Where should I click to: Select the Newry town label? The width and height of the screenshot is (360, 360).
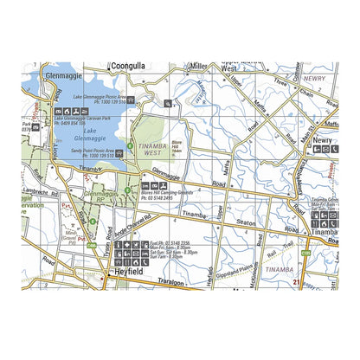(324, 138)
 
